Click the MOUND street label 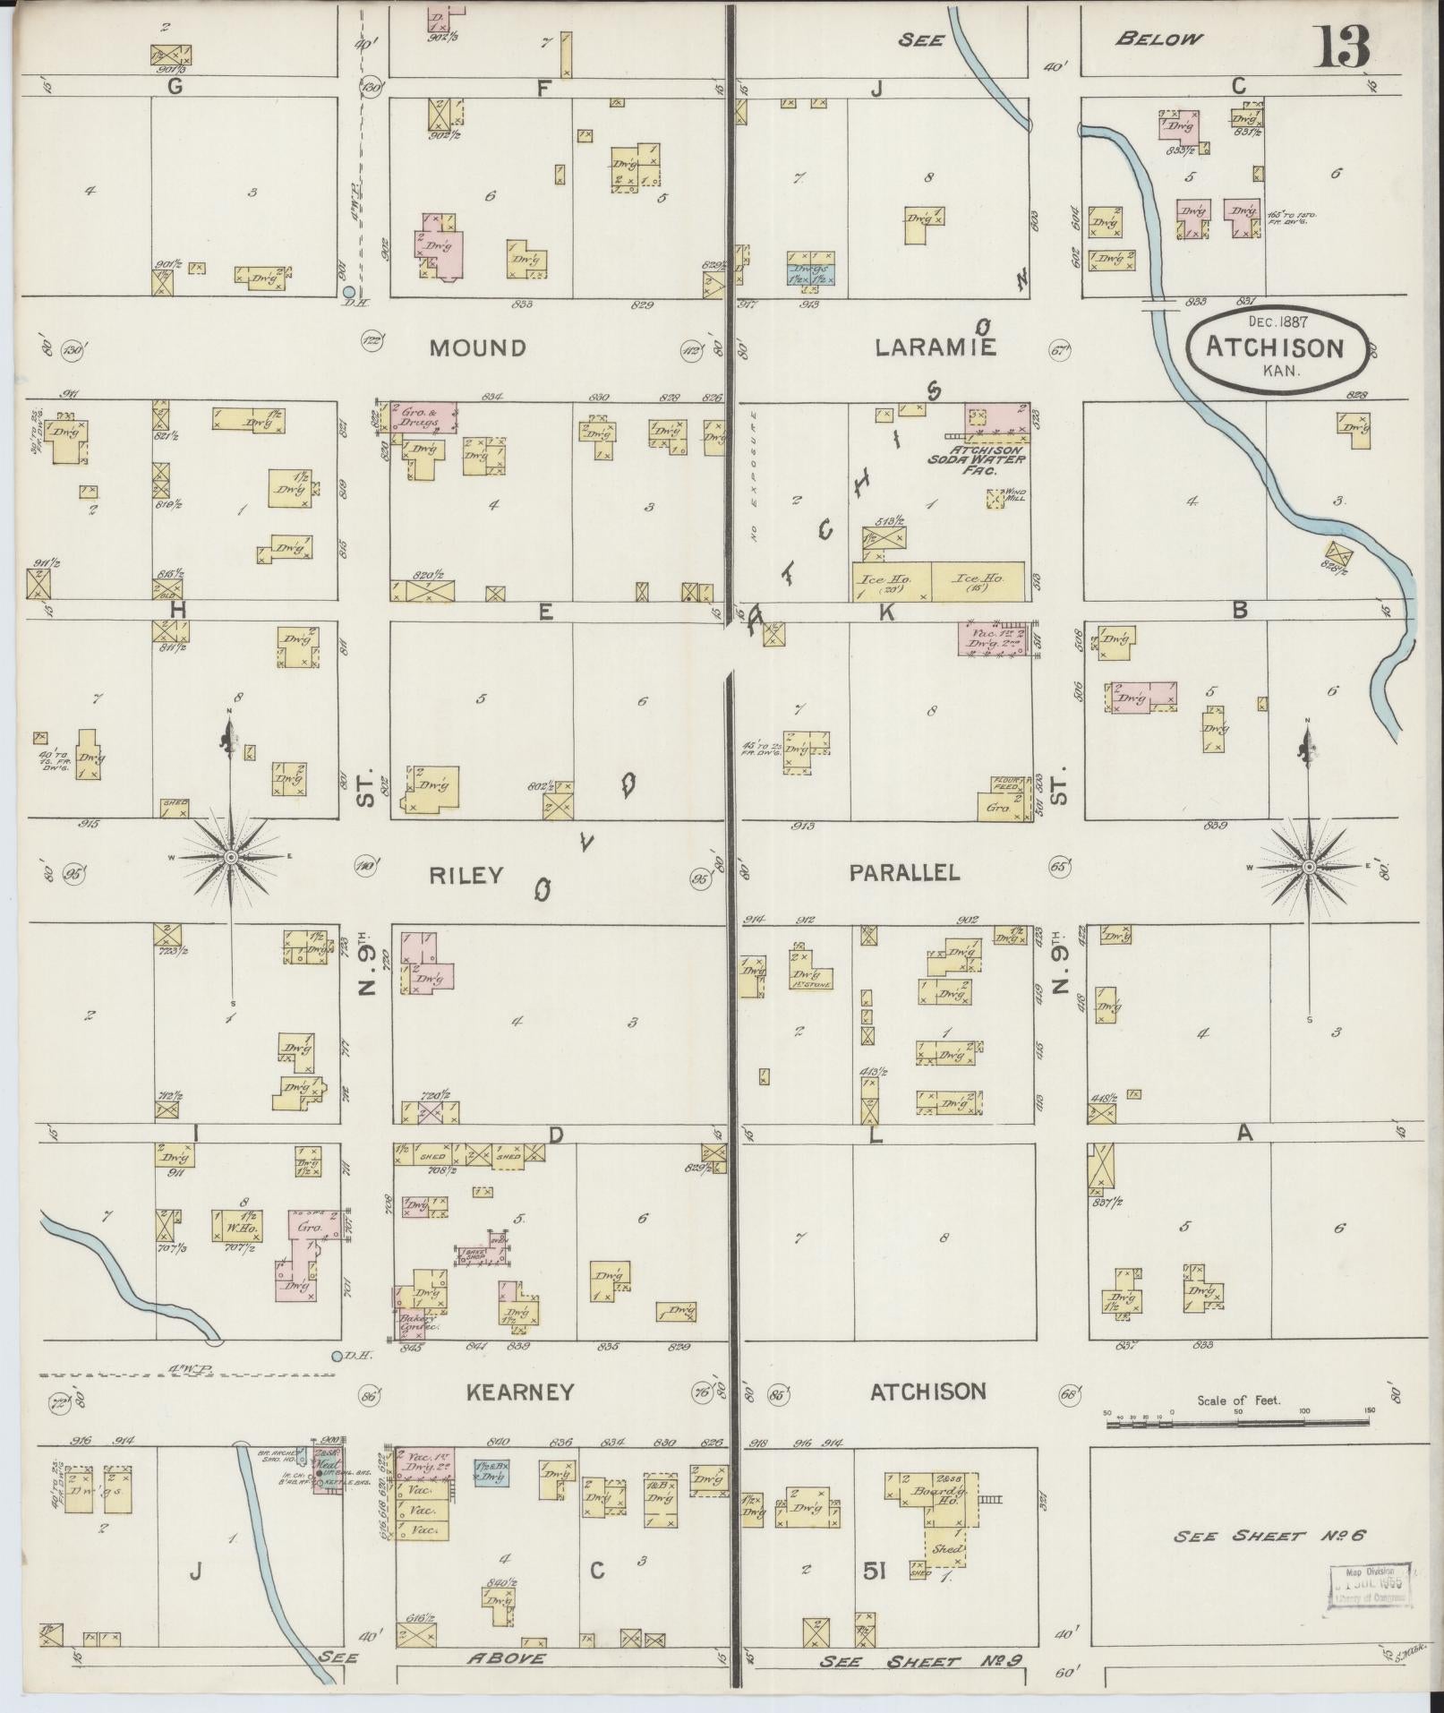coord(477,348)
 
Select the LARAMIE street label coord(936,347)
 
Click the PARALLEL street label coord(903,872)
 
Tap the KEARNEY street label coord(519,1392)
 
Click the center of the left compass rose coord(231,858)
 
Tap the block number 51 coord(875,1570)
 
